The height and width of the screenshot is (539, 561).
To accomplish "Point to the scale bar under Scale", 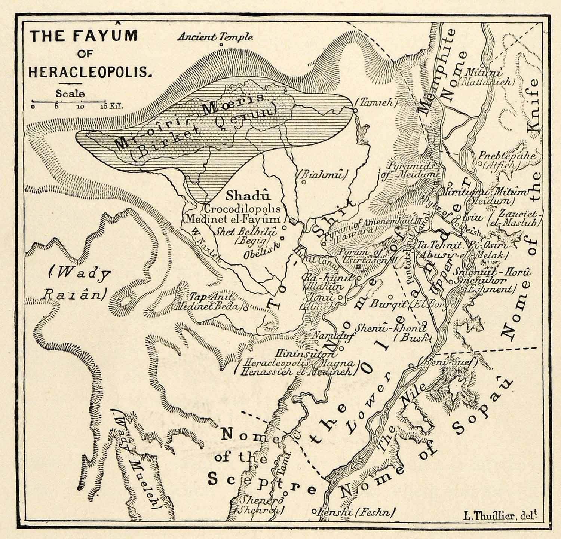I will pos(69,101).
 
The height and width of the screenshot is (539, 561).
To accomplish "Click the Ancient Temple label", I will pos(215,37).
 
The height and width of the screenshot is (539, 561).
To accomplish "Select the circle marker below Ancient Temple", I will pos(221,45).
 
